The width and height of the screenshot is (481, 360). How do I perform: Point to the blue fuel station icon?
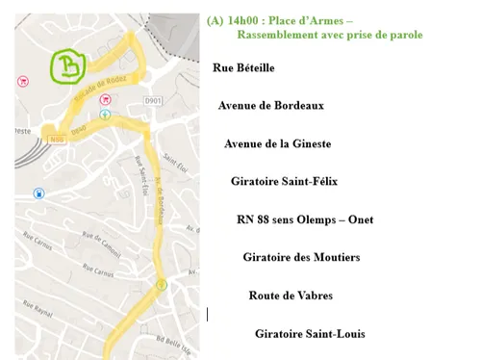pyautogui.click(x=38, y=193)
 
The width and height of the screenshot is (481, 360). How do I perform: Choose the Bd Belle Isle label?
pyautogui.click(x=173, y=341)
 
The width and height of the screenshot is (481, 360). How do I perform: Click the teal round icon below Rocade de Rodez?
pyautogui.click(x=105, y=115)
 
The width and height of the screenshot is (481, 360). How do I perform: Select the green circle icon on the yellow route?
pyautogui.click(x=162, y=285)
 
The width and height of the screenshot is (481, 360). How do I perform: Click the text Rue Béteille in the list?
pyautogui.click(x=243, y=68)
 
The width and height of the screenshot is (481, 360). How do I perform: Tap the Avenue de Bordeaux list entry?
pyautogui.click(x=270, y=106)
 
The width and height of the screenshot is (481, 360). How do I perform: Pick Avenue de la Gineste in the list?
pyautogui.click(x=277, y=143)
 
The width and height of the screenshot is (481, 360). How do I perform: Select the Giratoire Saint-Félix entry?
pyautogui.click(x=284, y=181)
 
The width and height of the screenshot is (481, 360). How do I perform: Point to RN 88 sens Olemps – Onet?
pyautogui.click(x=304, y=219)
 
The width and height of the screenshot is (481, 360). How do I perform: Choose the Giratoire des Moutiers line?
pyautogui.click(x=301, y=257)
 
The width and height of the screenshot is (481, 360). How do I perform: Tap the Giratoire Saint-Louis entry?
pyautogui.click(x=310, y=334)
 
